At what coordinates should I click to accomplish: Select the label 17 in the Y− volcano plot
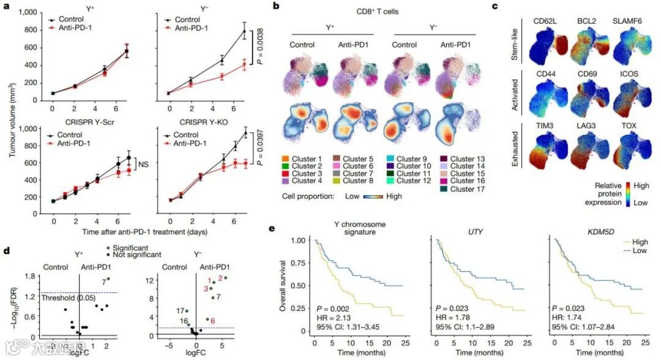pyautogui.click(x=180, y=310)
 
